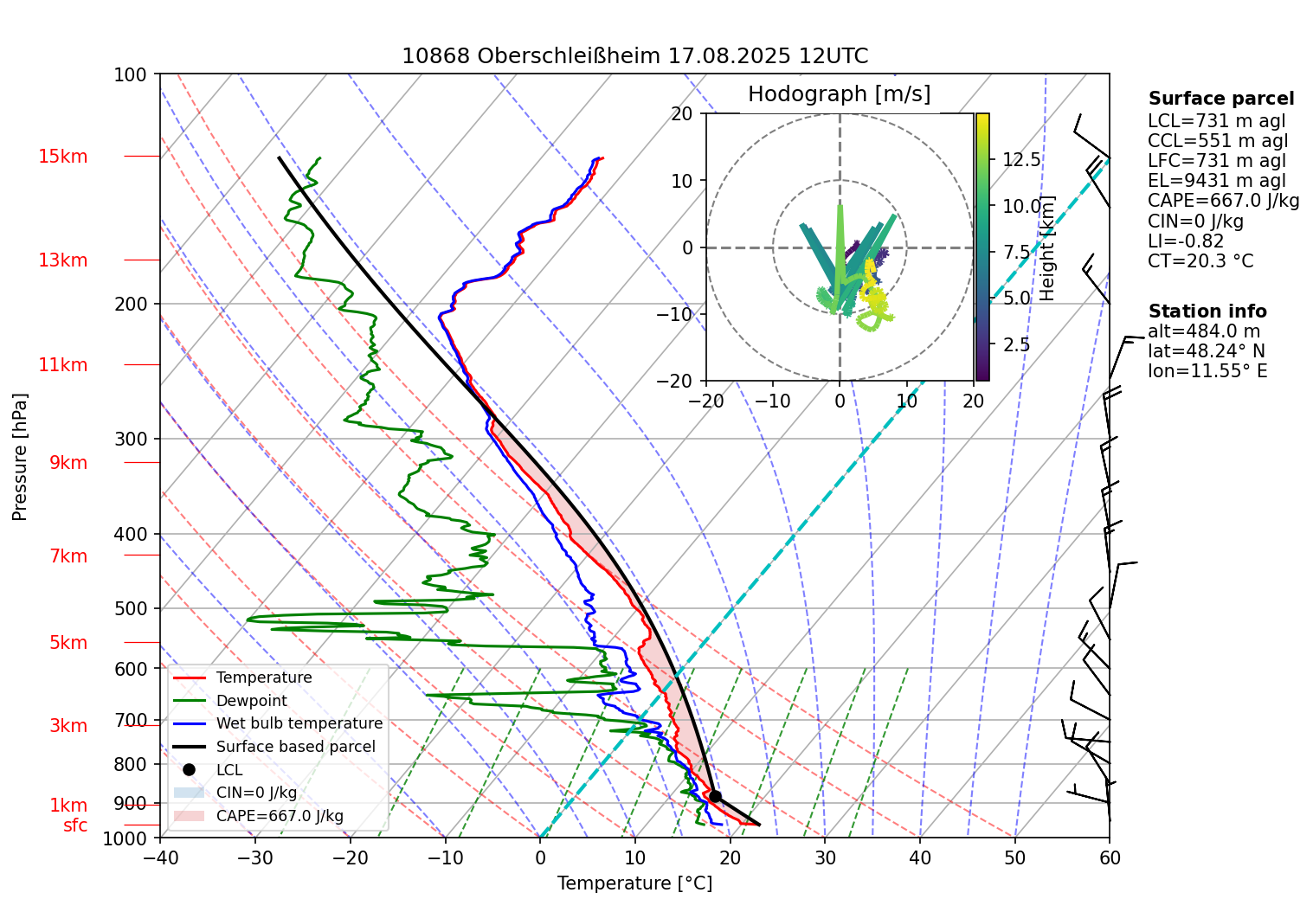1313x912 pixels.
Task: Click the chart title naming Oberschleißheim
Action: pyautogui.click(x=634, y=56)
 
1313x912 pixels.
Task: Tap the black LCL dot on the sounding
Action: pyautogui.click(x=715, y=796)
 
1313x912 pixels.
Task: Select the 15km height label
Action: pyautogui.click(x=62, y=157)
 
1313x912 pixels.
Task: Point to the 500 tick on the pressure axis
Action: pyautogui.click(x=131, y=608)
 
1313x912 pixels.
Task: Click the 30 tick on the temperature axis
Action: pyautogui.click(x=825, y=857)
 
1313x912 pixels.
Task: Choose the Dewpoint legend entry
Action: pyautogui.click(x=251, y=701)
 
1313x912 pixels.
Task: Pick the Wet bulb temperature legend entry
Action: pyautogui.click(x=299, y=723)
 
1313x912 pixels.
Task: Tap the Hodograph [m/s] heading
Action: pyautogui.click(x=839, y=93)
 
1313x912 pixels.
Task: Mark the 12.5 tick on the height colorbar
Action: pyautogui.click(x=1021, y=160)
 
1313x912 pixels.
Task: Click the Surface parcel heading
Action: pyautogui.click(x=1220, y=99)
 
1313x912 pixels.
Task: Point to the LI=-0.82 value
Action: pyautogui.click(x=1186, y=241)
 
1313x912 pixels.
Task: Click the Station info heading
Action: pyautogui.click(x=1207, y=311)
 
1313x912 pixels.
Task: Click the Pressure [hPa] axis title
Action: pyautogui.click(x=20, y=457)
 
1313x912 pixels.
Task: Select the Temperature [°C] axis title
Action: pyautogui.click(x=634, y=883)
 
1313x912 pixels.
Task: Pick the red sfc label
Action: pyautogui.click(x=75, y=825)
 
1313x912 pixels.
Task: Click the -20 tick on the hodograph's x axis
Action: pyautogui.click(x=705, y=401)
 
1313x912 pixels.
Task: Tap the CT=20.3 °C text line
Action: pyautogui.click(x=1200, y=261)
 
